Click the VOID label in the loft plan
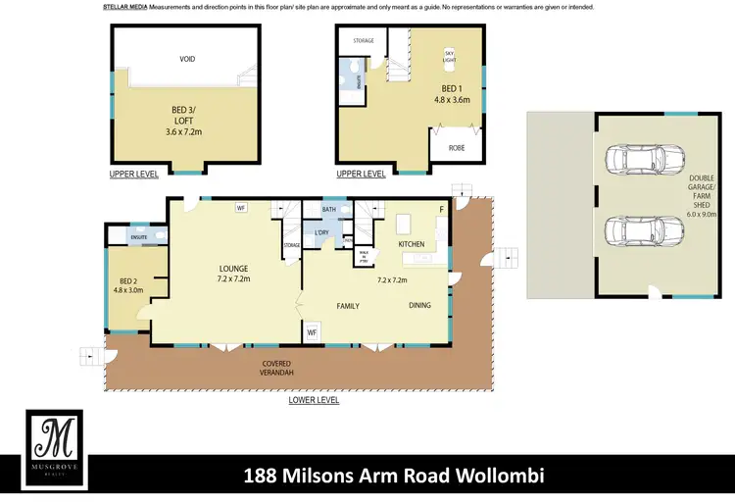coord(187,59)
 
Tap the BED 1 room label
coord(452,93)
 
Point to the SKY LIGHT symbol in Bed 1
coord(450,56)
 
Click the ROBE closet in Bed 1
coord(457,147)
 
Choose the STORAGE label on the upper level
coord(364,41)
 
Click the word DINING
coord(419,305)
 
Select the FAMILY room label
coord(348,306)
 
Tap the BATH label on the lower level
coord(329,209)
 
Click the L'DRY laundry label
coord(321,231)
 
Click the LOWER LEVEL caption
coord(314,400)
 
